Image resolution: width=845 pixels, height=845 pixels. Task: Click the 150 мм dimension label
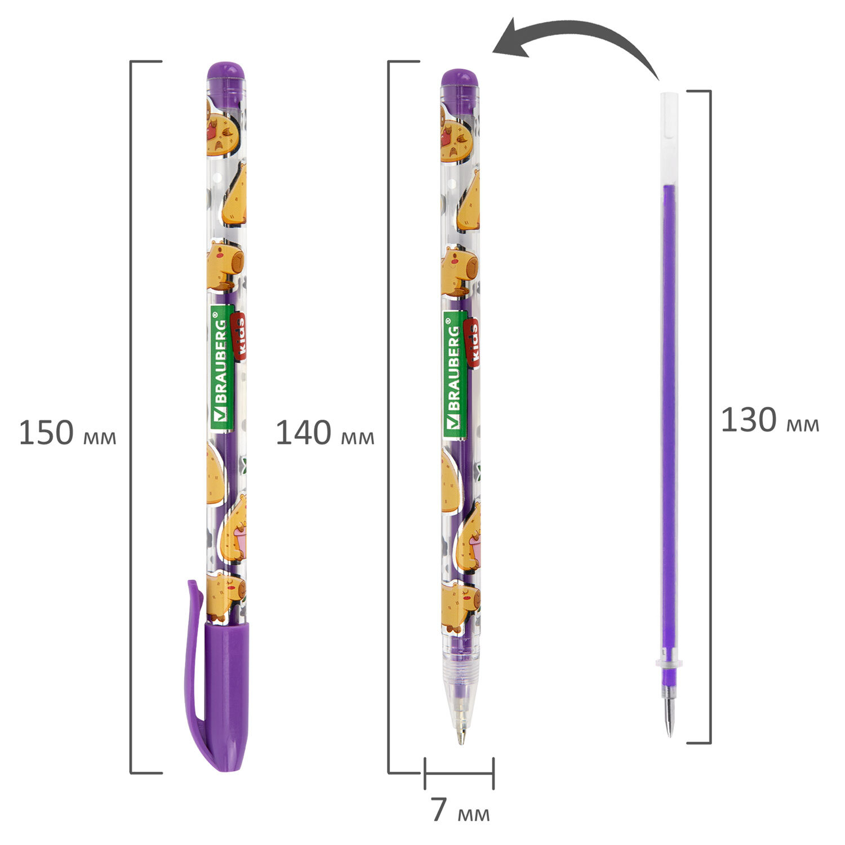pos(68,433)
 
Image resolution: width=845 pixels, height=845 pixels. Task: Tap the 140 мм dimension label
pos(324,434)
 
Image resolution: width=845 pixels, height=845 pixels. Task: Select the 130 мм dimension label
pos(770,420)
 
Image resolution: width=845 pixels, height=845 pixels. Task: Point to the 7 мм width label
pos(461,811)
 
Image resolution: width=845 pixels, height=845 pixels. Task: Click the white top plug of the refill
pos(668,138)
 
